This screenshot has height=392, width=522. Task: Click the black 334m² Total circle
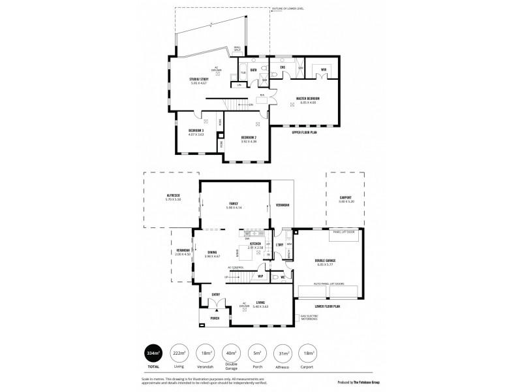[x=153, y=353]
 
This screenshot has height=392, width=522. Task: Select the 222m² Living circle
[x=178, y=353]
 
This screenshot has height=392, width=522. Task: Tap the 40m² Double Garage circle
[x=230, y=353]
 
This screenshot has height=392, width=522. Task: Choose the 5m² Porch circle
[x=256, y=353]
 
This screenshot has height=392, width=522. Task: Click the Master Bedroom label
[x=307, y=99]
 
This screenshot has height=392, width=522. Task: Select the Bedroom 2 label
[x=249, y=138]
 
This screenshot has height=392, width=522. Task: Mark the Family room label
[x=234, y=203]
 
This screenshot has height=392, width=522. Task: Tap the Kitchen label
[x=255, y=244]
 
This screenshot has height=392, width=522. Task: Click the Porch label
[x=214, y=318]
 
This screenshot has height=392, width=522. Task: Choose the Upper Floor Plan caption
[x=304, y=132]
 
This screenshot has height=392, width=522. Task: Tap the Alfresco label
[x=172, y=196]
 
